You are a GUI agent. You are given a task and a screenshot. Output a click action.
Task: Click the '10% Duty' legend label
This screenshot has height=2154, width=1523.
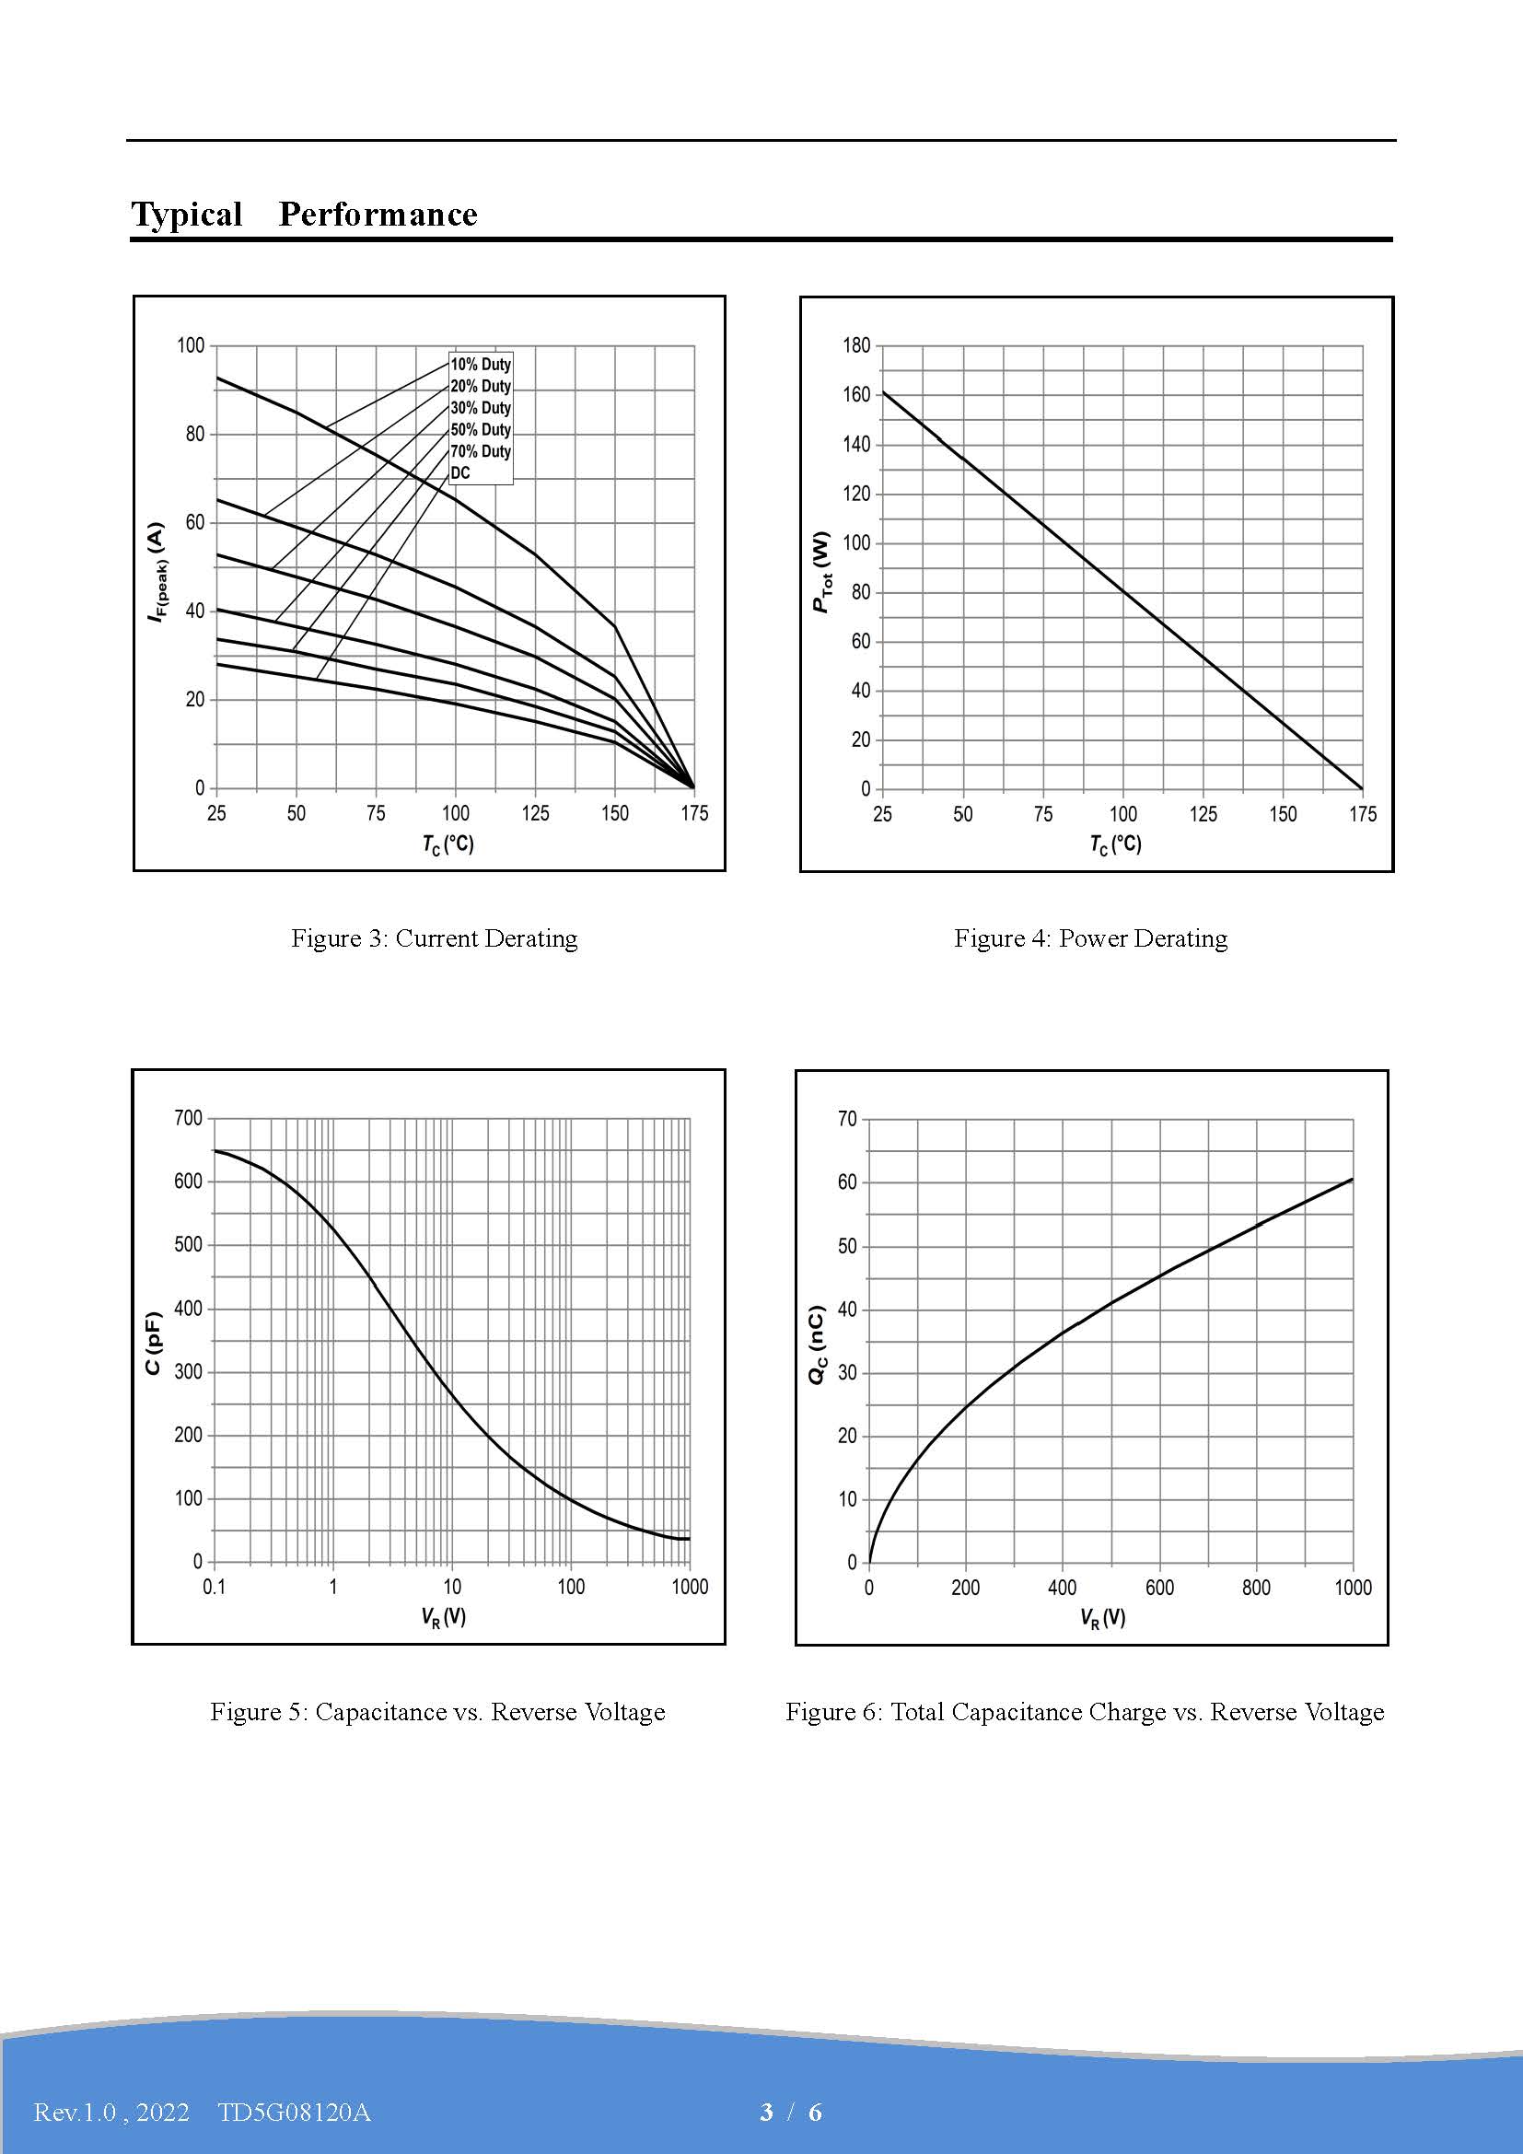tap(480, 364)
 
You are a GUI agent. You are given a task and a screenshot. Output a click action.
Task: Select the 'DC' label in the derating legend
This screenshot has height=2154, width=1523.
tap(459, 472)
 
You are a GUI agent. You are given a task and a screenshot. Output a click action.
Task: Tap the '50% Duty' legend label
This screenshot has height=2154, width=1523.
tap(480, 430)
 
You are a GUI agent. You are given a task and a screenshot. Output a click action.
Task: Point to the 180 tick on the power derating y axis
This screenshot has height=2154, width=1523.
tap(856, 345)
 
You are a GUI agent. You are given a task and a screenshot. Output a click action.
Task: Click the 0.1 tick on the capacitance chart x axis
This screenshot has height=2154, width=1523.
tap(214, 1587)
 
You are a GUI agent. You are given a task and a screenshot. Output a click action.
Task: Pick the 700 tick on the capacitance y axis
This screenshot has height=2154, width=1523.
tap(189, 1118)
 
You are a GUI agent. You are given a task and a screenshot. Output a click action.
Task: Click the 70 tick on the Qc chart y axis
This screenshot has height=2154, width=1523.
tap(847, 1118)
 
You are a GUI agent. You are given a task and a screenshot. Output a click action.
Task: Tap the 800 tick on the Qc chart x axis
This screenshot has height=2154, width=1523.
tap(1256, 1588)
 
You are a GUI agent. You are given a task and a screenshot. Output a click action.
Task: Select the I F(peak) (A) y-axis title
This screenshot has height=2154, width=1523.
tap(157, 573)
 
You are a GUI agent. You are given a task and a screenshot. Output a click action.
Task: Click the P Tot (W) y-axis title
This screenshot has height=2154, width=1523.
tap(821, 572)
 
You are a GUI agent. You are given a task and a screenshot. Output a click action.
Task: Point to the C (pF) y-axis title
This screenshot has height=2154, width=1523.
tap(153, 1344)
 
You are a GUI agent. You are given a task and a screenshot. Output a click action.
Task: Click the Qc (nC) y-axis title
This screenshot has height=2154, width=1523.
tap(817, 1345)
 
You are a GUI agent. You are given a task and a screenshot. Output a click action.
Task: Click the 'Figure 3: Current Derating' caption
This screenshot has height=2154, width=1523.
tap(435, 938)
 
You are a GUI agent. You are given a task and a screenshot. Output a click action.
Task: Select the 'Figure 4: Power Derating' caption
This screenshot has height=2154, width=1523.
tap(1090, 938)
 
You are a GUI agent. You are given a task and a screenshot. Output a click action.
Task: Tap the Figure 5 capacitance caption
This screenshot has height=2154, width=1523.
tap(437, 1711)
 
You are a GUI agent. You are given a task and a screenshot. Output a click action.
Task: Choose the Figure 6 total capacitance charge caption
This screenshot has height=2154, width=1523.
tap(1084, 1711)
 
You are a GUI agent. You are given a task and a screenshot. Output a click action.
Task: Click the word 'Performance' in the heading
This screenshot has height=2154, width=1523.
tap(378, 214)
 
